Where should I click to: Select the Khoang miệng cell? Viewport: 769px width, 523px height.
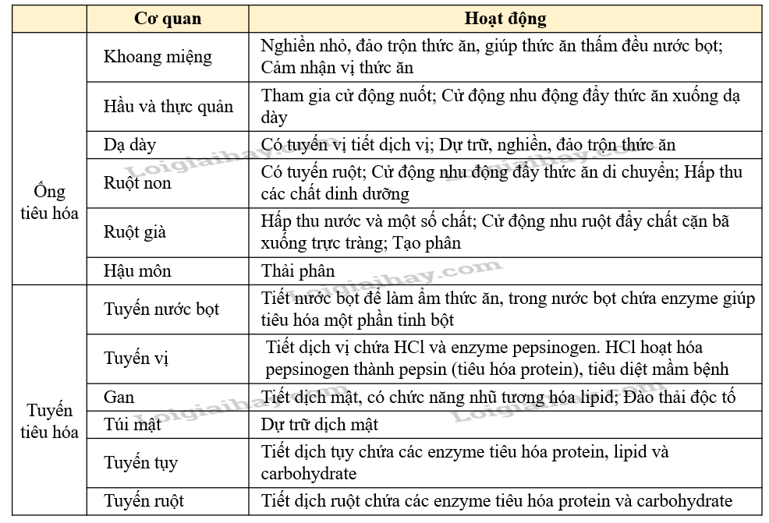[x=158, y=57]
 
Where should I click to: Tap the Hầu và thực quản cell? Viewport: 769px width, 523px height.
[x=168, y=107]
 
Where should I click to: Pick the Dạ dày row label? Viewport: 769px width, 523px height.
[x=130, y=145]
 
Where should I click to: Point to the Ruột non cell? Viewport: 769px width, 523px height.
[x=137, y=183]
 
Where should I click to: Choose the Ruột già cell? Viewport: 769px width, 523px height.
[x=135, y=232]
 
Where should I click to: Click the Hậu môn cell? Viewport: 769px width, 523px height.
[x=137, y=271]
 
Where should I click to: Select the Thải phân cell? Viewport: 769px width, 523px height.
[x=298, y=271]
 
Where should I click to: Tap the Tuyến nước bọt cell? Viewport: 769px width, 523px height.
[x=161, y=309]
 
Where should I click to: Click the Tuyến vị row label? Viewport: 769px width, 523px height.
[x=136, y=359]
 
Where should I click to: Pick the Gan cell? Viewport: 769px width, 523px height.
[x=119, y=397]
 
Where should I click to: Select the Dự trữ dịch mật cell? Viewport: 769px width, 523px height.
[x=320, y=424]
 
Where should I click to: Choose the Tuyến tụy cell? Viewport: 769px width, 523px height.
[x=141, y=462]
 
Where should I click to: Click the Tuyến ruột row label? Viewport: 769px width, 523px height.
[x=144, y=500]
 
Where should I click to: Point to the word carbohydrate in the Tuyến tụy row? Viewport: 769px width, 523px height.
[x=309, y=473]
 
